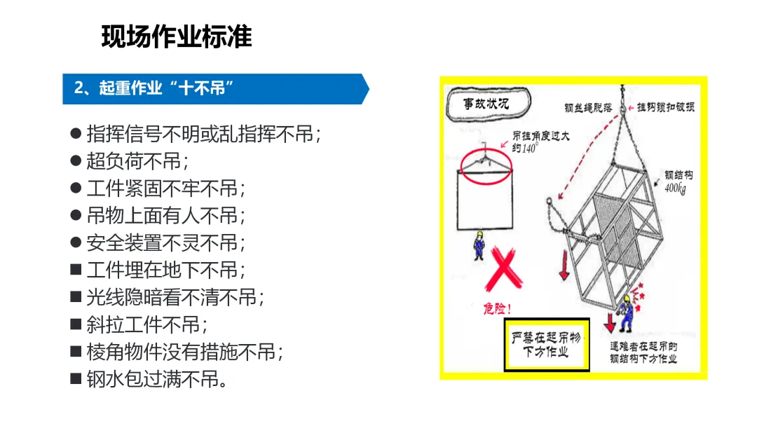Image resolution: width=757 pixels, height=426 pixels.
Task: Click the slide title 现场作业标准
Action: [x=177, y=36]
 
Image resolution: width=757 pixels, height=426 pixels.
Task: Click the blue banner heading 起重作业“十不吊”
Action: [x=154, y=88]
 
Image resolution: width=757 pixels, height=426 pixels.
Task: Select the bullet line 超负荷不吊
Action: [x=137, y=161]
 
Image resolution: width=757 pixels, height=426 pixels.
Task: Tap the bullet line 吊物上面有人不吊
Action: [x=166, y=216]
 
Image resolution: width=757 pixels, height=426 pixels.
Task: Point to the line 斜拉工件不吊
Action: [x=147, y=324]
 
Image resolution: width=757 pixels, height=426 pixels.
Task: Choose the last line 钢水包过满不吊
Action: [x=157, y=379]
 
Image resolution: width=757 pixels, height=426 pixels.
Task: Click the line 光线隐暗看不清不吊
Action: [x=176, y=298]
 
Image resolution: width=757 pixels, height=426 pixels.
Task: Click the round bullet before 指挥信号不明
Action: [x=76, y=133]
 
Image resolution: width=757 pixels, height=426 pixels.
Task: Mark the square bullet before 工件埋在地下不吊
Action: [x=76, y=269]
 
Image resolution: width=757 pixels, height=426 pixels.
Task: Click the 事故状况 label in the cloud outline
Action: [x=486, y=103]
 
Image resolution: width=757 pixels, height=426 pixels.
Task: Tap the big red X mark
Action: [x=503, y=269]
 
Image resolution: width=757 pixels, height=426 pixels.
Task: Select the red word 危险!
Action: [x=497, y=308]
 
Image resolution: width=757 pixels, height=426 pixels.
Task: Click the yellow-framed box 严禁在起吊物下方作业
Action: [x=547, y=345]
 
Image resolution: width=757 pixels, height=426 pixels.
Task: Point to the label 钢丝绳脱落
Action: [x=588, y=108]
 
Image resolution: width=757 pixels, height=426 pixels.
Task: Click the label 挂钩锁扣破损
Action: [x=666, y=107]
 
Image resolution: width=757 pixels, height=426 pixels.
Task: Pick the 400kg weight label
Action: [x=676, y=188]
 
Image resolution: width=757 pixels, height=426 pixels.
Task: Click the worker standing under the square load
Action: [x=479, y=246]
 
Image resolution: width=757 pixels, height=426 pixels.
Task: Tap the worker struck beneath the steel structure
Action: [x=626, y=314]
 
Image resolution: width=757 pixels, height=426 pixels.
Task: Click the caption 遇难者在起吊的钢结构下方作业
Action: [x=643, y=352]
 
